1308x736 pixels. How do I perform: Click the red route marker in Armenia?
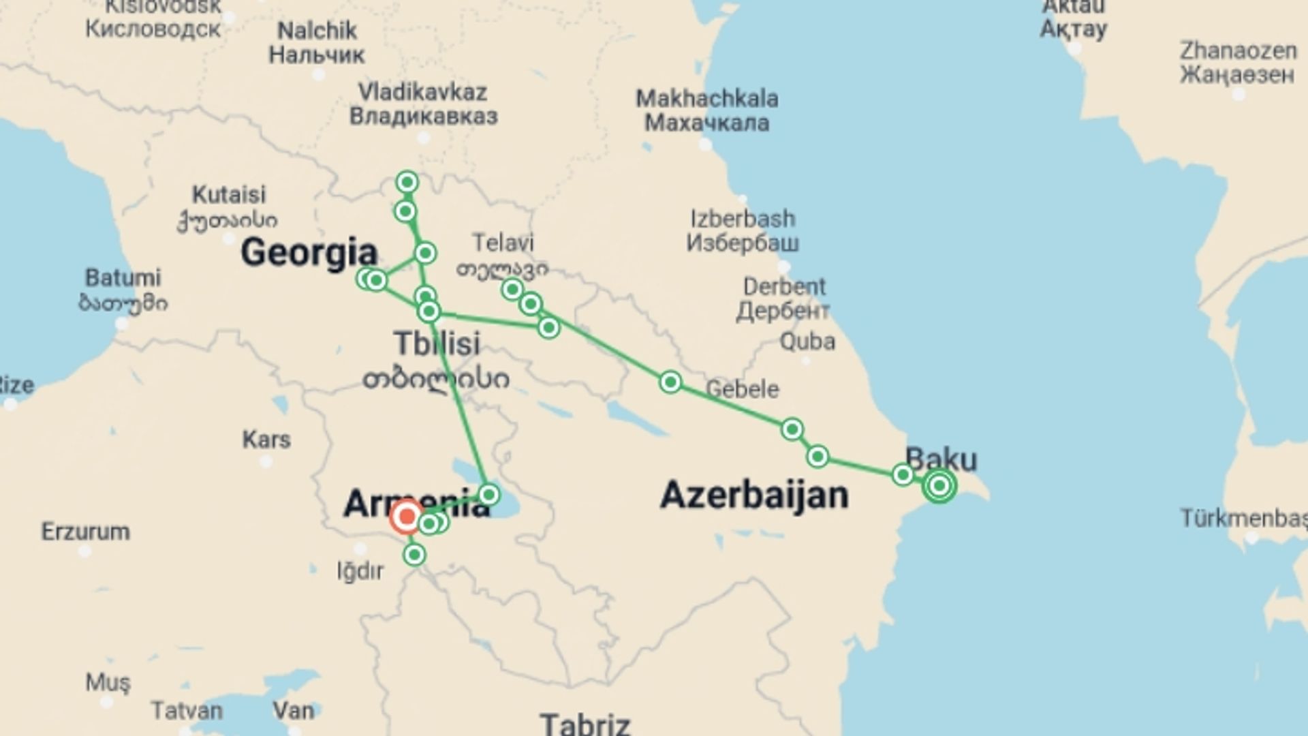click(407, 517)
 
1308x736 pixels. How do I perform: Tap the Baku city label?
click(941, 460)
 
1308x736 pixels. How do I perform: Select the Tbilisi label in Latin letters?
click(437, 343)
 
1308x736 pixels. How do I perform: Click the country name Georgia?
click(309, 253)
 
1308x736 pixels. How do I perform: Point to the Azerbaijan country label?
click(754, 495)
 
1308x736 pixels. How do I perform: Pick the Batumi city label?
click(123, 278)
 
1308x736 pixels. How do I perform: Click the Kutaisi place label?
click(229, 195)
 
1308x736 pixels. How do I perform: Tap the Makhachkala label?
click(707, 99)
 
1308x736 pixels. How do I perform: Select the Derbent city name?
click(784, 287)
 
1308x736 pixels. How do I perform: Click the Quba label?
click(807, 341)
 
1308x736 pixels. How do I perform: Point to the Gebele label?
click(742, 389)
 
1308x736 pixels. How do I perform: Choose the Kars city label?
click(266, 440)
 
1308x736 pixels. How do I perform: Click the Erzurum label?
click(86, 532)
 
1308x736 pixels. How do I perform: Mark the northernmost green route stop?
click(407, 182)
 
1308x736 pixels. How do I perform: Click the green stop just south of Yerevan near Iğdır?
click(414, 555)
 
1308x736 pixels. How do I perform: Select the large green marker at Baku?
click(939, 486)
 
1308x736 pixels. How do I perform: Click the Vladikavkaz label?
click(422, 93)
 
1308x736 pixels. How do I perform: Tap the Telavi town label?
click(503, 243)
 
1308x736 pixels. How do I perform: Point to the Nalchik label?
click(317, 31)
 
